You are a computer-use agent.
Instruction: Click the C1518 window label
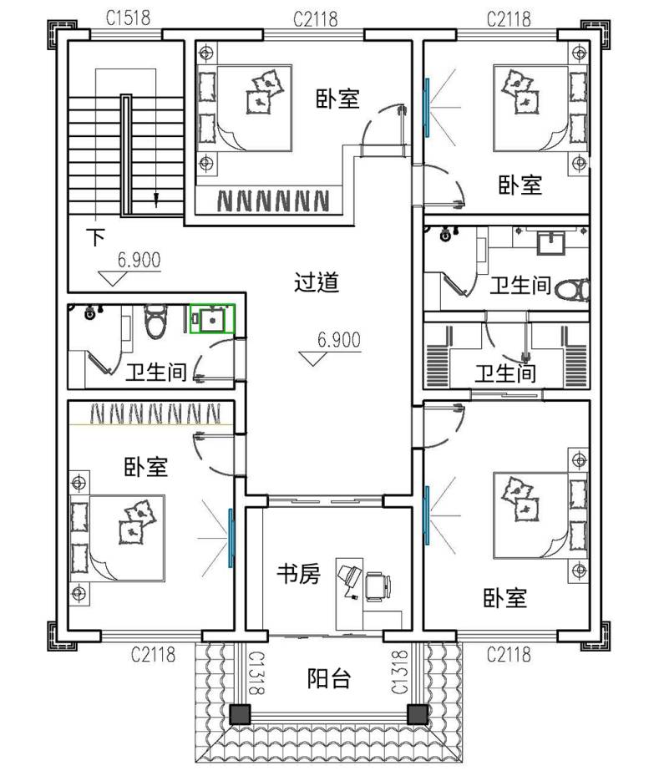[x=128, y=18]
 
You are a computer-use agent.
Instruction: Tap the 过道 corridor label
[x=317, y=282]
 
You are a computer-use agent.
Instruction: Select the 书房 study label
[x=298, y=574]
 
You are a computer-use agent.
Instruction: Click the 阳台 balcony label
[x=329, y=678]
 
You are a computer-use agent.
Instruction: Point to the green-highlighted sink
[x=212, y=319]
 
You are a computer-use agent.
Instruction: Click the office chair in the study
[x=378, y=586]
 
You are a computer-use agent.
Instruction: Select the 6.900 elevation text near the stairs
[x=139, y=260]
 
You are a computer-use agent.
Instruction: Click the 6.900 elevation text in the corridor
[x=339, y=340]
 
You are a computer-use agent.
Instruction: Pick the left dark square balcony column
[x=241, y=715]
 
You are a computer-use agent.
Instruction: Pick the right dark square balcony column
[x=417, y=715]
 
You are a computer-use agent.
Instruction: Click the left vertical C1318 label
[x=256, y=672]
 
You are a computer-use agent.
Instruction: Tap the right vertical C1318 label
[x=399, y=672]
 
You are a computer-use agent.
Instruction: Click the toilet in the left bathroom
[x=155, y=322]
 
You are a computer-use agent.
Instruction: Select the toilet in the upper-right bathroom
[x=572, y=290]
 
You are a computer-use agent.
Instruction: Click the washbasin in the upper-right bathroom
[x=550, y=242]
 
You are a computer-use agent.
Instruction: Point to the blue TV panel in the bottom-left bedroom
[x=231, y=538]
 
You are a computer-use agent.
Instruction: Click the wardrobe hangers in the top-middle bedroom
[x=273, y=200]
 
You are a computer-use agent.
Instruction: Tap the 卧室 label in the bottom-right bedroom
[x=505, y=598]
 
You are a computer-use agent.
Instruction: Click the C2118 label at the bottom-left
[x=154, y=654]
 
